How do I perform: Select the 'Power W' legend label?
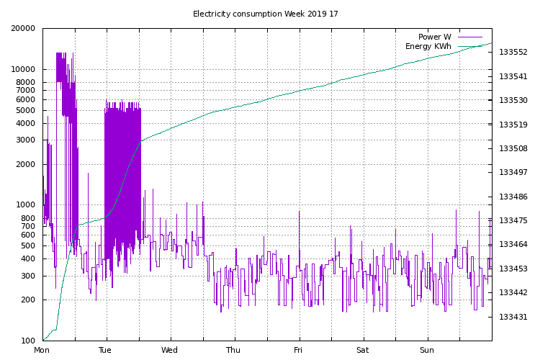434,37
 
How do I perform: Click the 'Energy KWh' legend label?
428,47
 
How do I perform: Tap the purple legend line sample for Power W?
469,37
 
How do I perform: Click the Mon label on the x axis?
42,351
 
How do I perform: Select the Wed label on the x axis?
170,351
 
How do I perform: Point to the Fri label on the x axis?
298,351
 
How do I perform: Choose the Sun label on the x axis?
427,351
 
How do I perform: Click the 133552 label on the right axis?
513,53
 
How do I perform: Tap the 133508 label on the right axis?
513,149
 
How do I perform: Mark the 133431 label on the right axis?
513,317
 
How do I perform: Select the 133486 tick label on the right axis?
513,197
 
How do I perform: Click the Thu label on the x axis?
234,351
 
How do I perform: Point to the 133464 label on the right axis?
513,245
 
